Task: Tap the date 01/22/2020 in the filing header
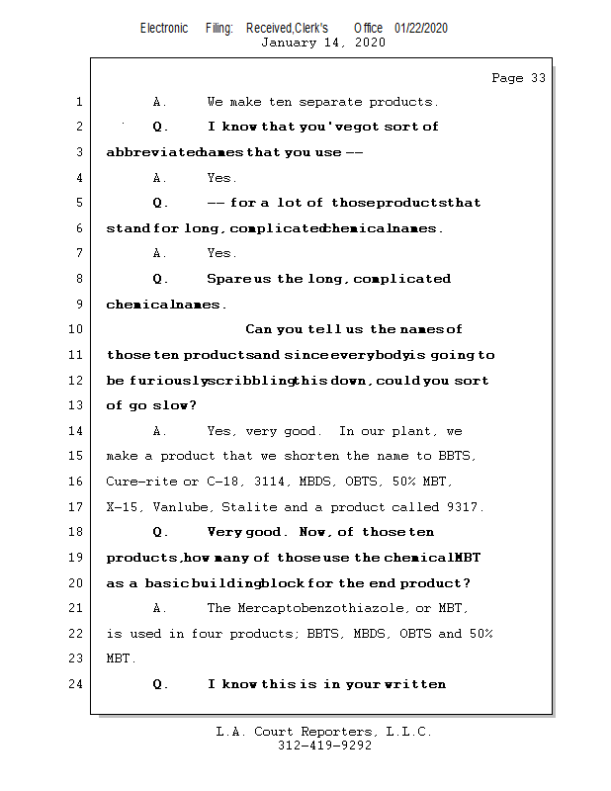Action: pos(421,28)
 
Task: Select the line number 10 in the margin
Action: pos(78,329)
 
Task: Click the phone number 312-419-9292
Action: pos(324,746)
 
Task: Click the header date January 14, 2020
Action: pos(323,43)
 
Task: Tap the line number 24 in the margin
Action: pos(78,683)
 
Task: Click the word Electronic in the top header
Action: pos(164,28)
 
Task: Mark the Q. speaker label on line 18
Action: pos(161,532)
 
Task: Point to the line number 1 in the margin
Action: pos(78,102)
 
